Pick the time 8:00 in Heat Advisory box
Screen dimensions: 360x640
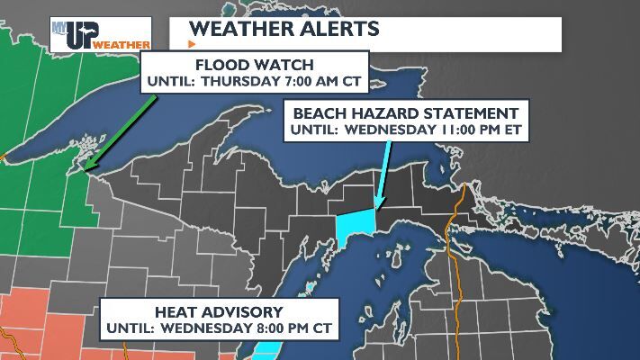264,328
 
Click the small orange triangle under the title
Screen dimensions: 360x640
191,43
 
